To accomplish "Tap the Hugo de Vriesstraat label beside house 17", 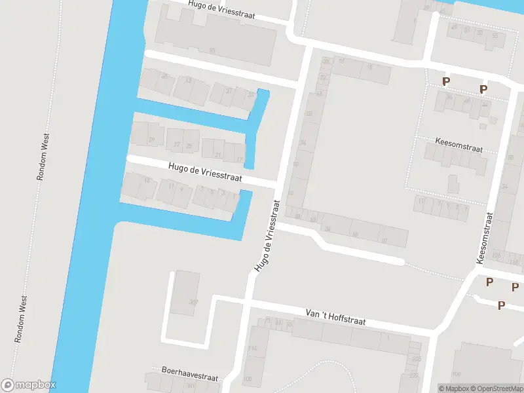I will click(x=205, y=172).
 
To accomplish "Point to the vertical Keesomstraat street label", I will click(x=485, y=238).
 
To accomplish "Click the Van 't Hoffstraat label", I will click(x=335, y=318).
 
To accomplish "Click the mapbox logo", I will click(x=29, y=384).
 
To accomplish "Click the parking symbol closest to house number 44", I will click(x=483, y=90).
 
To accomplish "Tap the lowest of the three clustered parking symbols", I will click(x=501, y=305).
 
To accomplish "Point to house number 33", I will click(x=188, y=81).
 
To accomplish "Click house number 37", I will click(x=229, y=91).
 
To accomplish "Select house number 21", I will click(x=218, y=155).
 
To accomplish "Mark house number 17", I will click(x=240, y=159).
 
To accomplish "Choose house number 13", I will click(x=146, y=181).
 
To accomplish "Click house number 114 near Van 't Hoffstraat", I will click(x=253, y=348).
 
